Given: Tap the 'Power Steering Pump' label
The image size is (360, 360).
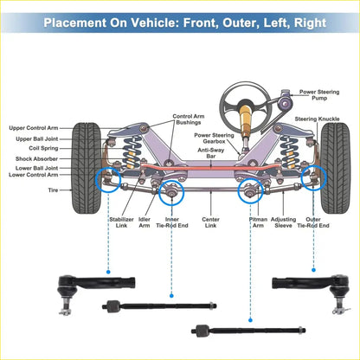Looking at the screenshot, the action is pyautogui.click(x=319, y=95).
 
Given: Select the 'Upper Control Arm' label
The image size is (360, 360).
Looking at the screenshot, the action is pyautogui.click(x=34, y=128).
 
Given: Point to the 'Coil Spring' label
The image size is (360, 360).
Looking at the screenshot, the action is pyautogui.click(x=43, y=148).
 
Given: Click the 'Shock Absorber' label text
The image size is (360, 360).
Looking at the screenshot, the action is pyautogui.click(x=36, y=158).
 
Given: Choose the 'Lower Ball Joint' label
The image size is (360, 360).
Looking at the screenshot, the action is pyautogui.click(x=36, y=168).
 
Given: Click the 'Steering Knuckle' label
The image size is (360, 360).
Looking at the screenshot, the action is pyautogui.click(x=317, y=119).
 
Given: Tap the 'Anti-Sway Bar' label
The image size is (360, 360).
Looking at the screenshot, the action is pyautogui.click(x=211, y=153).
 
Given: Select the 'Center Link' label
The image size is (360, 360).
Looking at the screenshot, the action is pyautogui.click(x=210, y=222).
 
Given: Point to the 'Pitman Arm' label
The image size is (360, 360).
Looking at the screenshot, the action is pyautogui.click(x=258, y=222).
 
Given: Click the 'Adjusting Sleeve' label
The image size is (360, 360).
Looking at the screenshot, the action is pyautogui.click(x=283, y=222).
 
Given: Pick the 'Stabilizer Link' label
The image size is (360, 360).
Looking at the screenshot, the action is pyautogui.click(x=121, y=222).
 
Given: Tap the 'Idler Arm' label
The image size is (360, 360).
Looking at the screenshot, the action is pyautogui.click(x=145, y=222).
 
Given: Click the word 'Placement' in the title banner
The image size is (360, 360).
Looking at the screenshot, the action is pyautogui.click(x=74, y=22).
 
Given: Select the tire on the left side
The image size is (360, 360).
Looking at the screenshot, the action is pyautogui.click(x=87, y=168).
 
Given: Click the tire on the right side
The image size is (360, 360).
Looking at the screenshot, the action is pyautogui.click(x=335, y=168).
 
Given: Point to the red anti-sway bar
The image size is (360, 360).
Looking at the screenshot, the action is pyautogui.click(x=210, y=168).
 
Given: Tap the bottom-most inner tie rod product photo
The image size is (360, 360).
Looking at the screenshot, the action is pyautogui.click(x=248, y=331).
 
